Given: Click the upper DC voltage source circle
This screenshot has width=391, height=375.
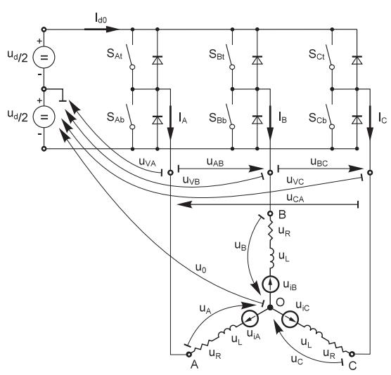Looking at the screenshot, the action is [44, 57].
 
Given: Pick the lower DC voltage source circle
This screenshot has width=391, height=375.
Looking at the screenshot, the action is [44, 117].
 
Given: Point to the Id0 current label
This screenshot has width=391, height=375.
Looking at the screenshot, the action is [101, 18].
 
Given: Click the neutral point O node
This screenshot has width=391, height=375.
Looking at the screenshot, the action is [270, 308].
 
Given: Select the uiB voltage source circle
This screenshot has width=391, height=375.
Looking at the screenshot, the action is [271, 284].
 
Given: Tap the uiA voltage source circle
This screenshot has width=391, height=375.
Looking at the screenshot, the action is [250, 318].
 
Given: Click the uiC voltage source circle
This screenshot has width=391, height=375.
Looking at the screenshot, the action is [290, 319].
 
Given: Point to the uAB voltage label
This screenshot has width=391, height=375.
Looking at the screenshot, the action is [215, 162].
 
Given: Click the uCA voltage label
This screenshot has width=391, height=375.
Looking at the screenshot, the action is [295, 198].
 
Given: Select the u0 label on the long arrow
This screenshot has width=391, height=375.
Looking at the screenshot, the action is [201, 268].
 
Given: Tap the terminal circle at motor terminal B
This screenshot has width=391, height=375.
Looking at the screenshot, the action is [270, 213].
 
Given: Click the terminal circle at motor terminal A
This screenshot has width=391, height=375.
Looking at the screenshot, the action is [189, 354].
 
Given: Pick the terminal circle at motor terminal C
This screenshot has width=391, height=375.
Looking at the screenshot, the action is [352, 354].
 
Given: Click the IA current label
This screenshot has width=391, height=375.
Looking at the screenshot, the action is [183, 118].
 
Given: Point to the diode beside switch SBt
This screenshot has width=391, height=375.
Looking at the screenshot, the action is [257, 60].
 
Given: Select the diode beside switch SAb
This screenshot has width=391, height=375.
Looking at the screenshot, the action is [158, 120].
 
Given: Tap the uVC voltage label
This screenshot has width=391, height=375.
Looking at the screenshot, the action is [295, 180].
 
